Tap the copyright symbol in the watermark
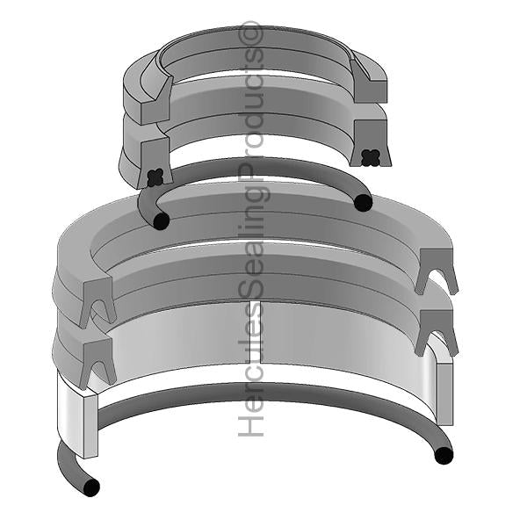pos(250,32)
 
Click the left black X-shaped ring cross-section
pos(155,178)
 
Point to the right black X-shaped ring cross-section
pos(371,157)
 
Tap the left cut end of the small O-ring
pos(161,221)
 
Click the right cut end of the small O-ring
pos(364,203)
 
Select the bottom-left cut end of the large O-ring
pos(91,487)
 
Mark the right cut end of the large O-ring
pos(444,455)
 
